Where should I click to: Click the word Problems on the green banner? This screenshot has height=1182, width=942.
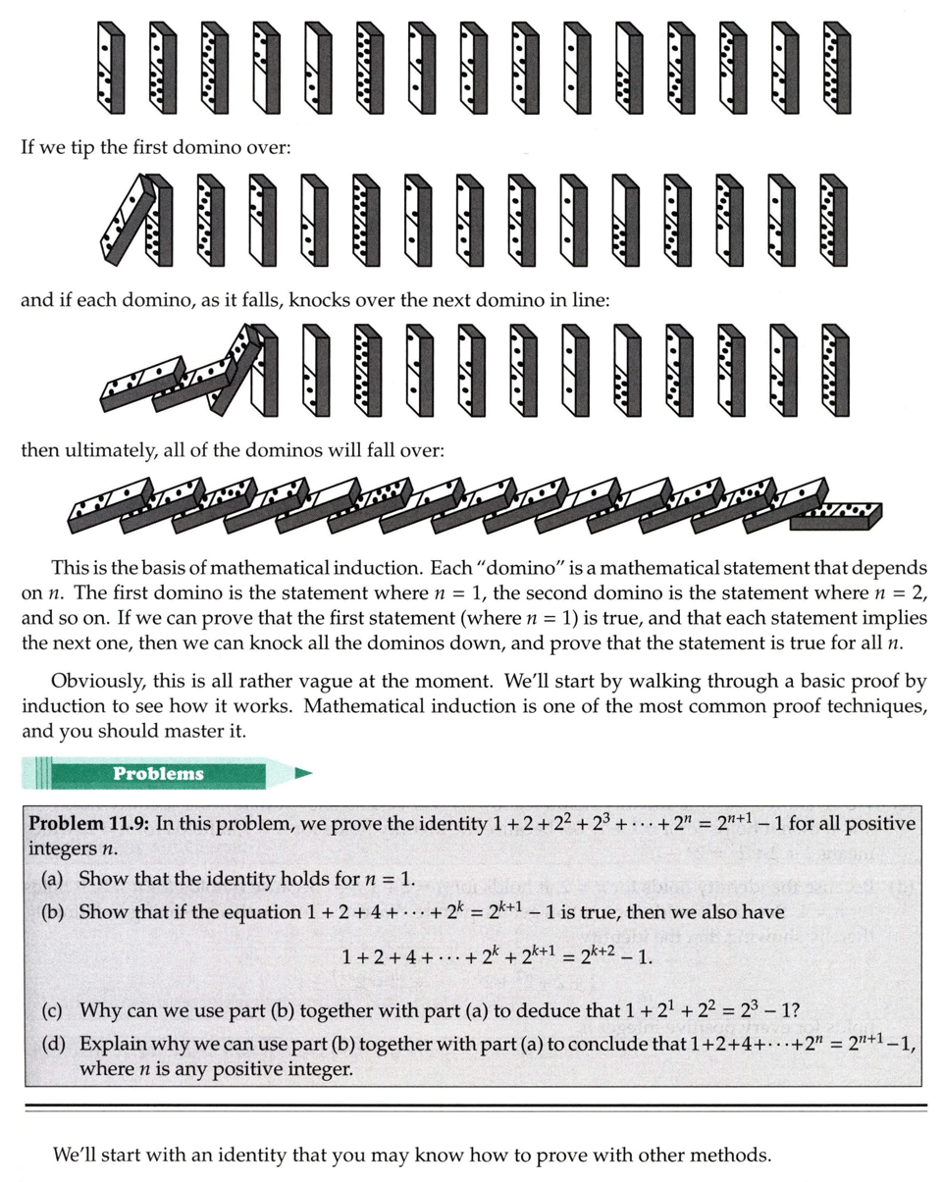click(158, 773)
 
